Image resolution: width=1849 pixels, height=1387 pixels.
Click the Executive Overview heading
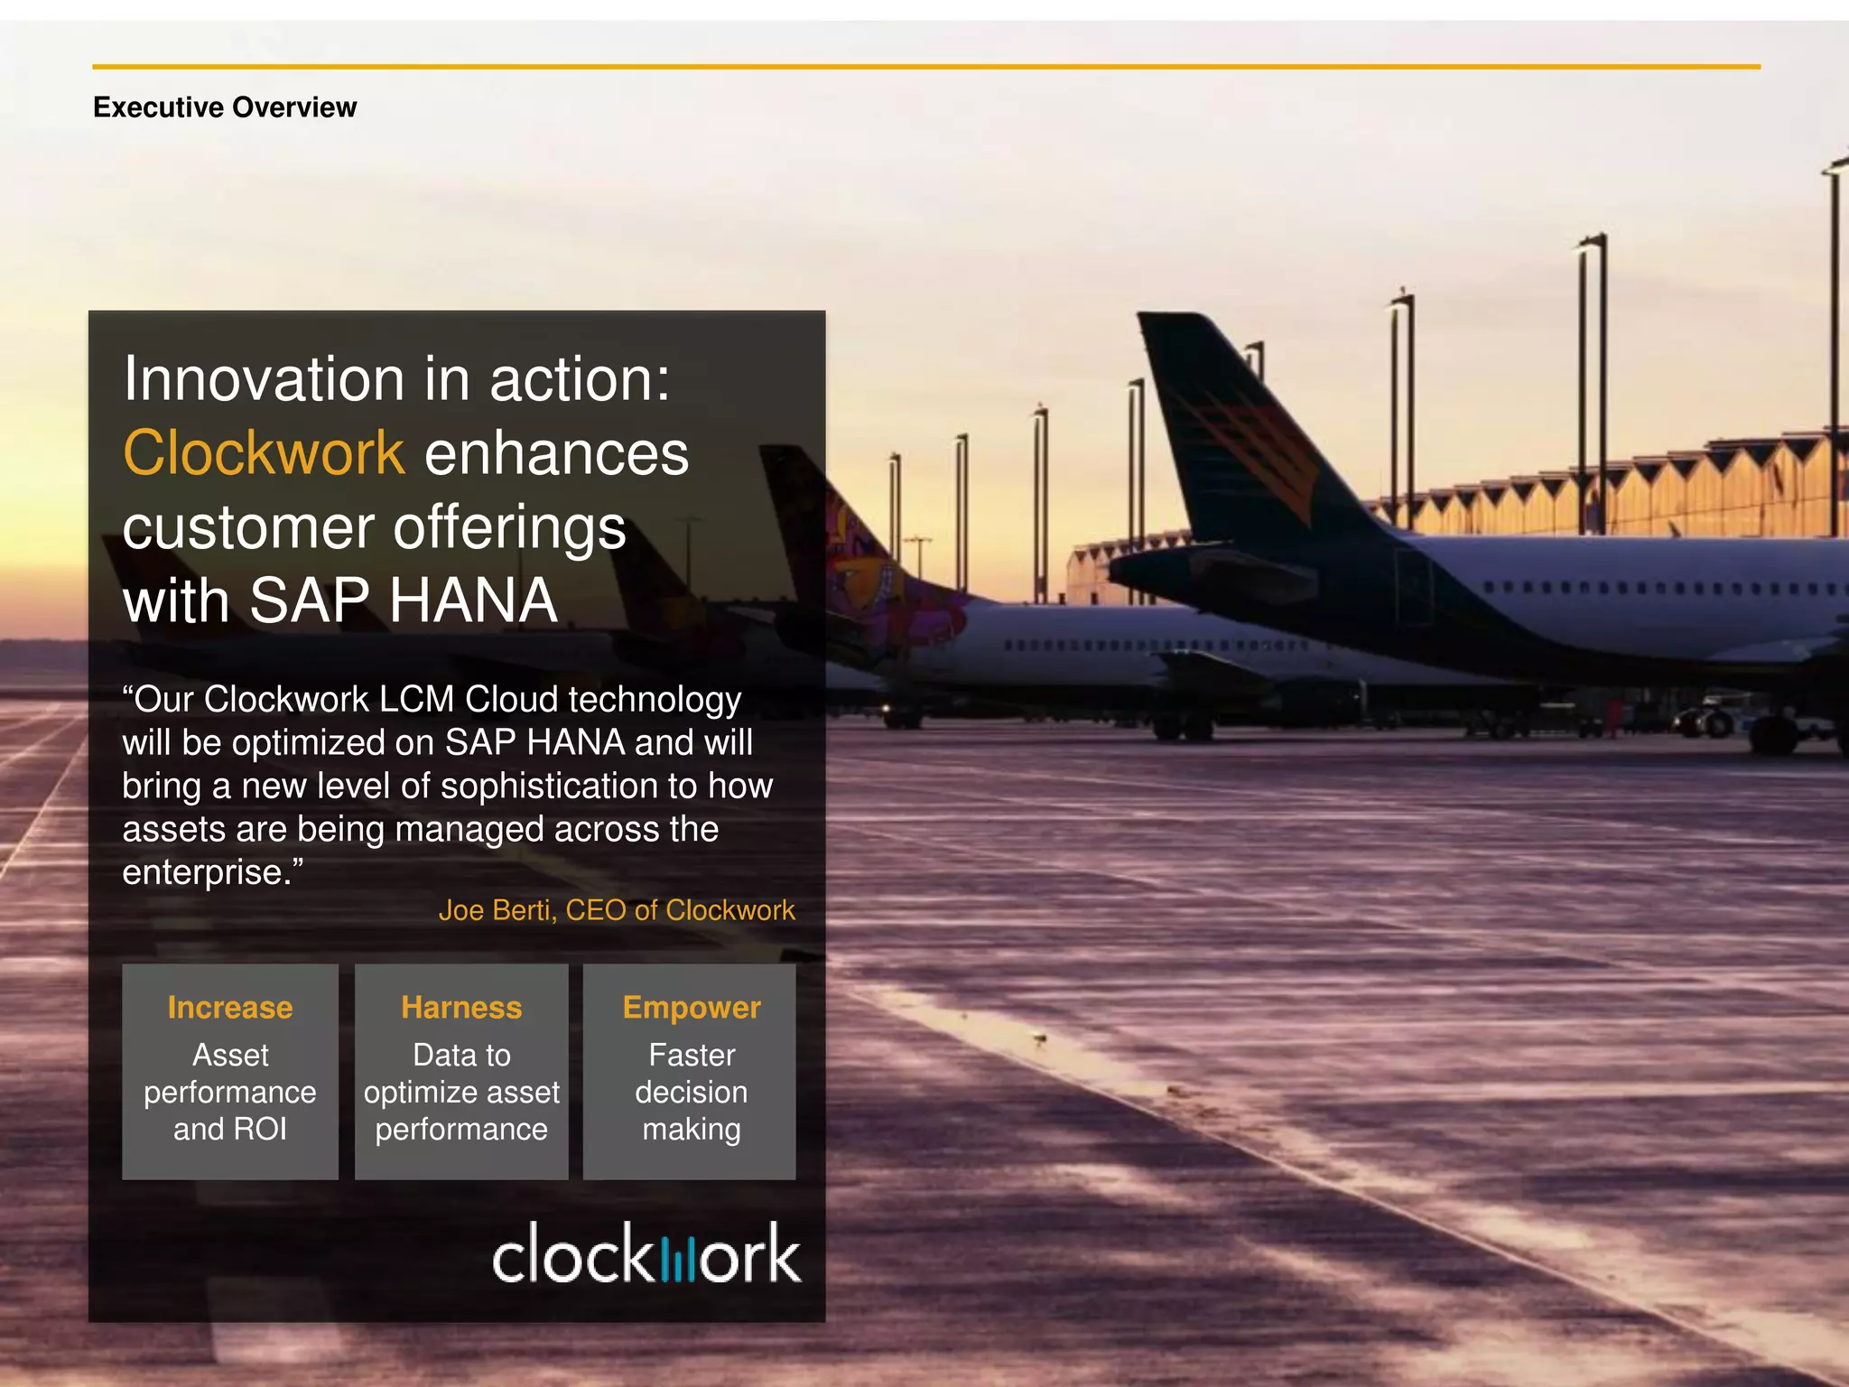[225, 107]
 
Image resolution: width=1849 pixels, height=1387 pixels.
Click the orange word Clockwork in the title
[264, 452]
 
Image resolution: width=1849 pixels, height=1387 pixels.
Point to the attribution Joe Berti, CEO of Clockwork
[617, 910]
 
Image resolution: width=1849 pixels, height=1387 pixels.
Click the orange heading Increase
[230, 1008]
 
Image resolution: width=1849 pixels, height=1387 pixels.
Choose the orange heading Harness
[461, 1008]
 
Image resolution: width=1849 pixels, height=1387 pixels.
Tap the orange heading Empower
[692, 1008]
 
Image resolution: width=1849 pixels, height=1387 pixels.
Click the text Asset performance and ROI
[230, 1093]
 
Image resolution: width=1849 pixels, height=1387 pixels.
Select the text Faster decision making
[692, 1093]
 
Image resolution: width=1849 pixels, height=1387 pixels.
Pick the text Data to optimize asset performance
[461, 1093]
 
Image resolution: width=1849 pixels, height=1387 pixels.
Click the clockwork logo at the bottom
[646, 1253]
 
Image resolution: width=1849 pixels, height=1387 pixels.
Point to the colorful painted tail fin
[858, 560]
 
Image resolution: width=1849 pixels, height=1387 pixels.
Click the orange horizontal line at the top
[925, 67]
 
